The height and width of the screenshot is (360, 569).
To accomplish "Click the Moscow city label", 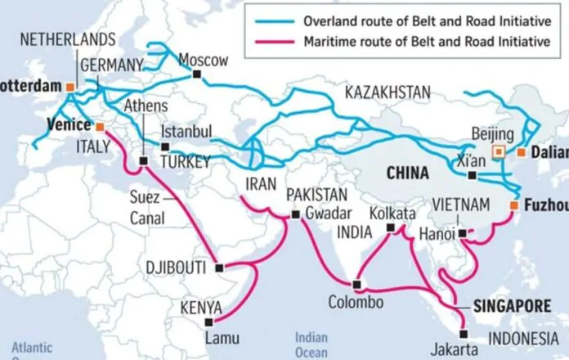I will click(204, 60).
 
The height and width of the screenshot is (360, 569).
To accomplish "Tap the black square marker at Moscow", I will click(196, 75).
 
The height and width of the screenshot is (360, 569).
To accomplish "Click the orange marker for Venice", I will click(100, 127).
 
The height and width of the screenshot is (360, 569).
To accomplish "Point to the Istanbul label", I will click(186, 133).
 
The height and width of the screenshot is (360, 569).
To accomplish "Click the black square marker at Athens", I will click(144, 161).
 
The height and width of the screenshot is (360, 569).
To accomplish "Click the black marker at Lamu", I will click(208, 322).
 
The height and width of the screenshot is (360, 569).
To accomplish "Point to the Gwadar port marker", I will click(295, 215).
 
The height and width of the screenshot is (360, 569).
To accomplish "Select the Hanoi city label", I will click(440, 233).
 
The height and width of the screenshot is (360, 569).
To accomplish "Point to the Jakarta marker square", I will click(464, 333).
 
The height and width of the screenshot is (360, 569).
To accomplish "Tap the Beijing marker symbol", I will click(497, 151).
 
